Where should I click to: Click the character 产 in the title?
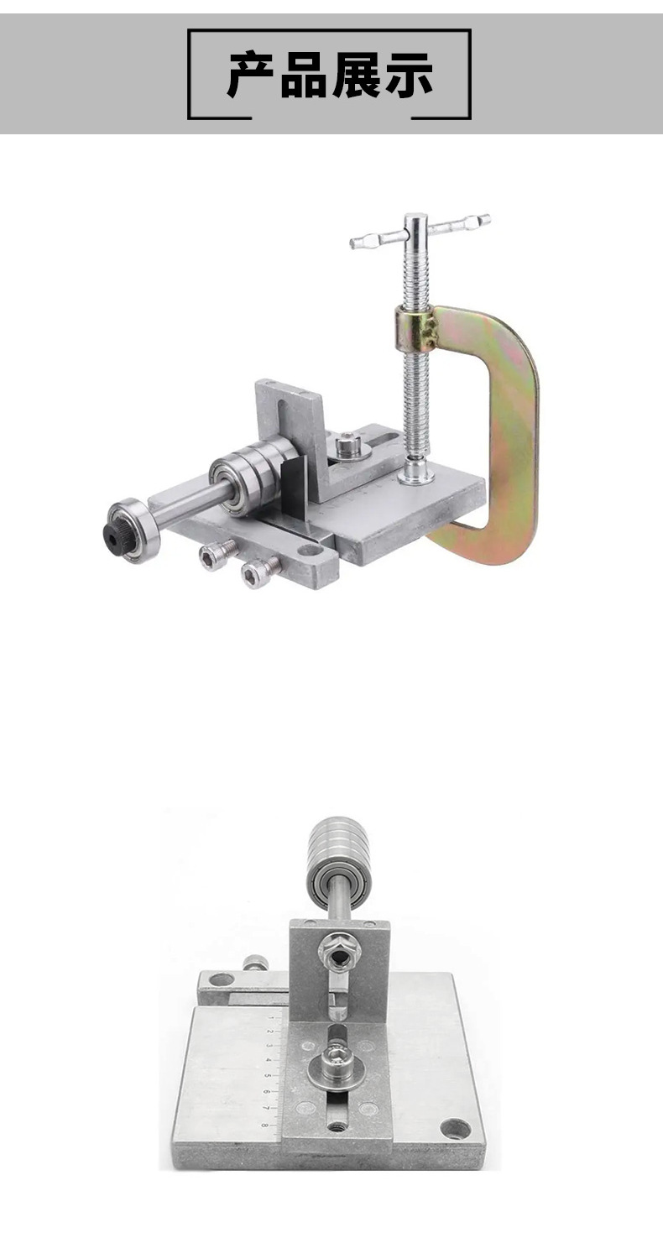pos(251,75)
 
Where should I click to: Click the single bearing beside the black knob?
pos(133,530)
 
